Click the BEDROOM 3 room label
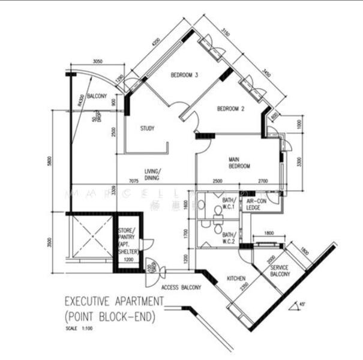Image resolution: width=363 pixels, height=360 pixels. pos(184,75)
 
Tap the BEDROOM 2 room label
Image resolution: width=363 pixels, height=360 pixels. pos(230,109)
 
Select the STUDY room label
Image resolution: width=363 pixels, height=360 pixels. pos(148,128)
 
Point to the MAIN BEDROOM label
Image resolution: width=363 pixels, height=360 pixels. pos(239,163)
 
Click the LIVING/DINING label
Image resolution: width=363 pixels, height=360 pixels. pos(151,174)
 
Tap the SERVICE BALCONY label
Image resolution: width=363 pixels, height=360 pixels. pos(280,271)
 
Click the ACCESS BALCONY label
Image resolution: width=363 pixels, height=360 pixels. pos(181,287)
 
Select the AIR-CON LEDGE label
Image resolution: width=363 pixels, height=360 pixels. pos(256,205)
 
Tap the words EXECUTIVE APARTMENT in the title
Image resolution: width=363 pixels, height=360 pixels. pos(113,301)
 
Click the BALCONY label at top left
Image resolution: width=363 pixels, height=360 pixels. pos(97,96)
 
